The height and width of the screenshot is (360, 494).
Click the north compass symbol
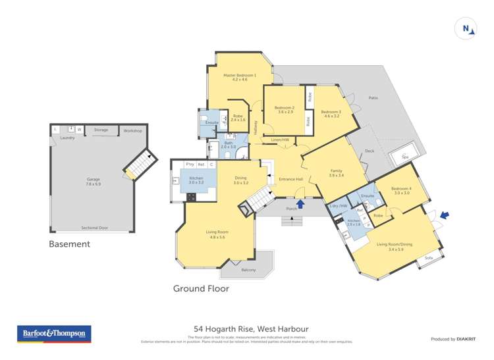[x=466, y=28]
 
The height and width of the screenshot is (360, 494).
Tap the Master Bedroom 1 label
[x=239, y=75]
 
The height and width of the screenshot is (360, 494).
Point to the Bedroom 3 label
[x=331, y=111]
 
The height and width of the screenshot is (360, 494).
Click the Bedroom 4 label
[x=402, y=189]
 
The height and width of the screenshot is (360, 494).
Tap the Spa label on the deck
[x=405, y=157]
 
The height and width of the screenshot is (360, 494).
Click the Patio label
[x=373, y=98]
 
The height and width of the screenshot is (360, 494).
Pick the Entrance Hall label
[x=290, y=178]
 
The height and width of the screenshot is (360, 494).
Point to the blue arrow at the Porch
[x=301, y=204]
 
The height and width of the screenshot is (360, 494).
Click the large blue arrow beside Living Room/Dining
[x=445, y=215]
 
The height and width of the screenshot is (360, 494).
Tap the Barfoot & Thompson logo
[x=54, y=334]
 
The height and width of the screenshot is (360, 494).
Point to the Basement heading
[x=69, y=244]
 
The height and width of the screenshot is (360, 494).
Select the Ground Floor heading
[x=200, y=288]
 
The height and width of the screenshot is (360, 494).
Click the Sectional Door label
[x=94, y=228]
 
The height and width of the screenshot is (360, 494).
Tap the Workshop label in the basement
[x=132, y=131]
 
